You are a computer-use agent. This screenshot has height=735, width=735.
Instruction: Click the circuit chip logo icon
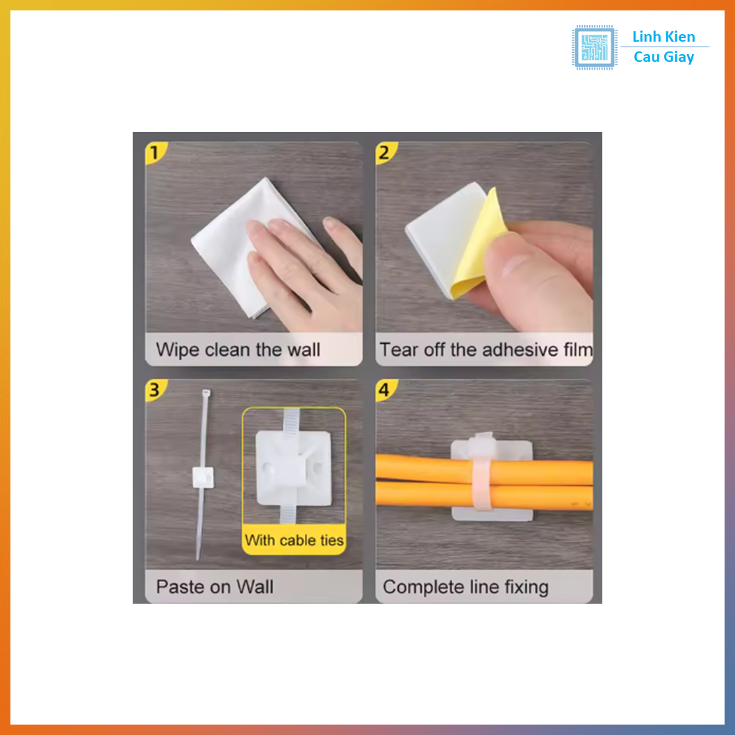594,47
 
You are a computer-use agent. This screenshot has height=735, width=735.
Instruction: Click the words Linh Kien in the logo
663,37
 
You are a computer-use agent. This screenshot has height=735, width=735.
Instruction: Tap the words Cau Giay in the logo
663,57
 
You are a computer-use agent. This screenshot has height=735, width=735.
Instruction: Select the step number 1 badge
155,153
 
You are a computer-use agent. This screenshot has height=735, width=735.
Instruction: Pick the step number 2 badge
385,153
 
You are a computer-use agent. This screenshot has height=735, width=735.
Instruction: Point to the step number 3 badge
155,390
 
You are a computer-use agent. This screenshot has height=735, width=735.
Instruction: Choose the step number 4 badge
385,390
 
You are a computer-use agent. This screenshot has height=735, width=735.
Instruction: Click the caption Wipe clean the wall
238,349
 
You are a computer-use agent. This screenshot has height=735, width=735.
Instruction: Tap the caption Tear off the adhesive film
486,349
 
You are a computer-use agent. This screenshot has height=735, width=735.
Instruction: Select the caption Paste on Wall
215,587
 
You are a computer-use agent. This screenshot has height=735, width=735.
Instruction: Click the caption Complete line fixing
465,587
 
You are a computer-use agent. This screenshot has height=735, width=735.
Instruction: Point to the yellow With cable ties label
294,540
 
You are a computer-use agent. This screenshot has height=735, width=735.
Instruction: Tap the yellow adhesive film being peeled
478,244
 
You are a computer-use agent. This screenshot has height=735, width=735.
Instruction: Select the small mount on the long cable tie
203,477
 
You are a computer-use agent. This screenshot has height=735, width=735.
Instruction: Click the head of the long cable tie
206,393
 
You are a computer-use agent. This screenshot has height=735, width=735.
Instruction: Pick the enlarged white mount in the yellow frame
294,468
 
